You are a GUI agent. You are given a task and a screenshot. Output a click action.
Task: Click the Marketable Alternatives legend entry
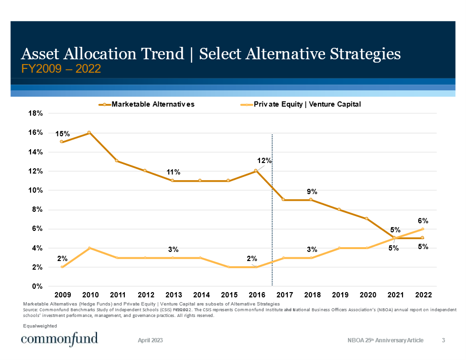[152, 104]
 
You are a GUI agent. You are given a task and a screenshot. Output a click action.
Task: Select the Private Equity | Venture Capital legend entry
[307, 104]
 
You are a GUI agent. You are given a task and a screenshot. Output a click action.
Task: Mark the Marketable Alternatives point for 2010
[89, 132]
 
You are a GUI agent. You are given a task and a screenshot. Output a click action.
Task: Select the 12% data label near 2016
[264, 161]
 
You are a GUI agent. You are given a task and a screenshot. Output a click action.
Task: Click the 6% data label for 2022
[423, 221]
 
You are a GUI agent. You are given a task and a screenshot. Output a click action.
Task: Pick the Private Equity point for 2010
[89, 248]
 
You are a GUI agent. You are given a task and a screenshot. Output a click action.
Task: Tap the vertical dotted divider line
[272, 210]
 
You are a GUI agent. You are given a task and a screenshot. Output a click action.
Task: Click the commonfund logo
[59, 339]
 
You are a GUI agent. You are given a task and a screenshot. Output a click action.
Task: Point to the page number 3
[444, 340]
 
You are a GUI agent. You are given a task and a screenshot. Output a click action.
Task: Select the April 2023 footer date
[150, 340]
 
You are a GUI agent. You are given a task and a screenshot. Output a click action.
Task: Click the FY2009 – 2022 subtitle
[61, 69]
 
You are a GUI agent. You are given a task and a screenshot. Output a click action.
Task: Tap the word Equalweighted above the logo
[40, 326]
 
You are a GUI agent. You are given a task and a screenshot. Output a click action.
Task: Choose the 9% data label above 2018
[312, 192]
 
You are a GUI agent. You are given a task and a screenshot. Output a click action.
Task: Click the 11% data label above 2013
[173, 172]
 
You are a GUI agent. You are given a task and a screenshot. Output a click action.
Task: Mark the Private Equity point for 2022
[423, 229]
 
